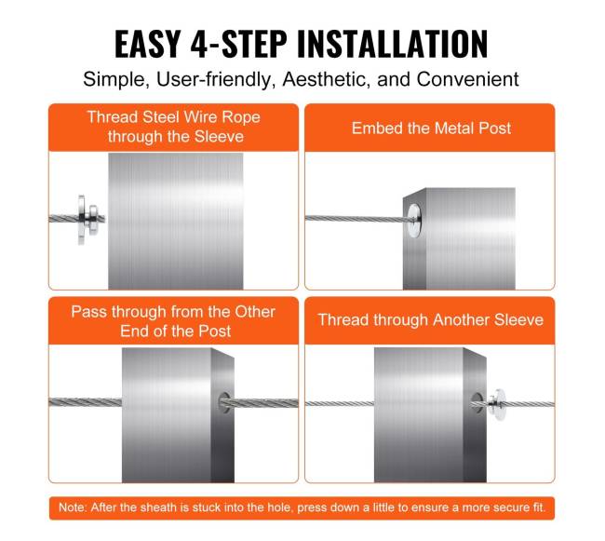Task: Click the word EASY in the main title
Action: pos(148,44)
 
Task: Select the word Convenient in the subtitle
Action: pos(467,79)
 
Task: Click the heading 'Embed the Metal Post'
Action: pos(431,128)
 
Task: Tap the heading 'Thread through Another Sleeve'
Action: pos(430,320)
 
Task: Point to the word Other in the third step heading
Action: pos(255,312)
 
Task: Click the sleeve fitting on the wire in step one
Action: pos(88,220)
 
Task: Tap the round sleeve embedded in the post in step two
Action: pos(414,221)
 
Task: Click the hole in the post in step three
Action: pos(224,403)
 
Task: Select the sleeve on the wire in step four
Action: pos(497,404)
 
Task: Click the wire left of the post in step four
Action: pos(340,403)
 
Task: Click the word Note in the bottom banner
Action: pos(73,507)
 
